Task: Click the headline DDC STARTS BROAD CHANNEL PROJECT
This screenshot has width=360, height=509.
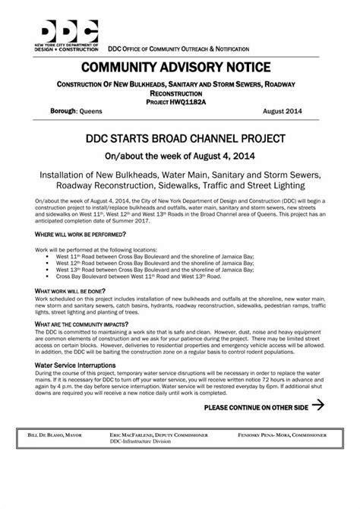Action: (180, 140)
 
